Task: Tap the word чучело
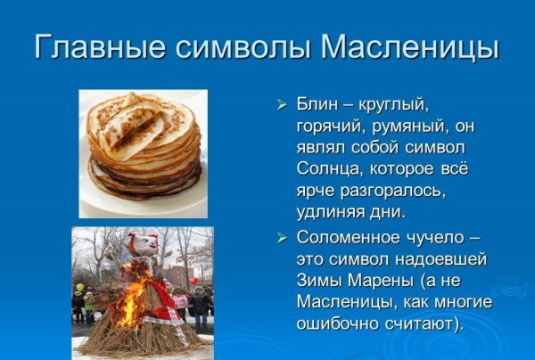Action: [x=446, y=238]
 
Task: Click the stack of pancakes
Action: [x=143, y=147]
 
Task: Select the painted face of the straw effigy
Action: [x=142, y=246]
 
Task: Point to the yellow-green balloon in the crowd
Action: [x=79, y=288]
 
